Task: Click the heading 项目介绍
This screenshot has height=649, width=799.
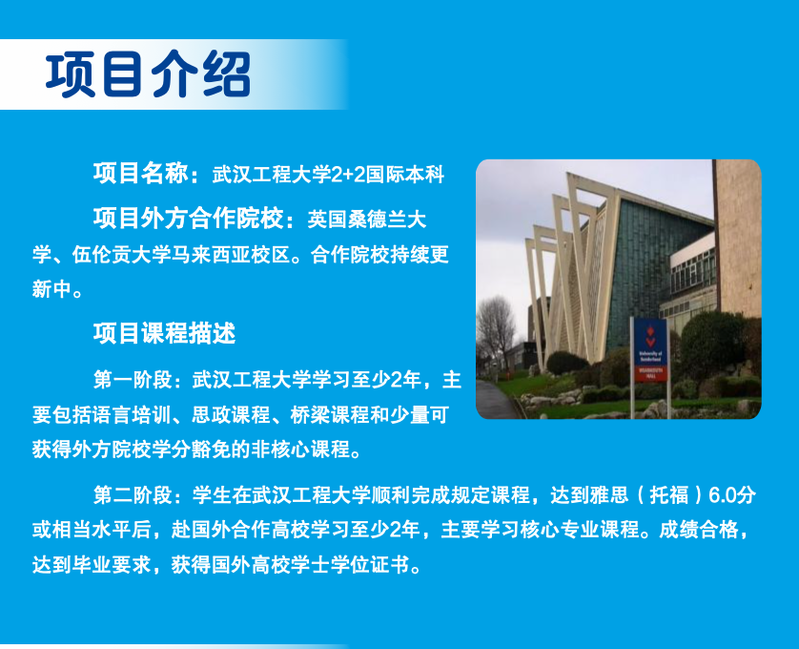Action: click(x=148, y=74)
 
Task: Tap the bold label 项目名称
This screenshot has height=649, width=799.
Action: click(x=141, y=173)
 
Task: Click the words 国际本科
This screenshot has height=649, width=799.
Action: click(x=405, y=175)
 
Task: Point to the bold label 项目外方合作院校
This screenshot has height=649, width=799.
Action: click(x=188, y=219)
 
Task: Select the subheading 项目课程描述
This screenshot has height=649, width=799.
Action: click(x=164, y=333)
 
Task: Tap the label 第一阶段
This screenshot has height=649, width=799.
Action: click(x=133, y=380)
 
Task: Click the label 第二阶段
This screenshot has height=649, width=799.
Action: click(x=133, y=495)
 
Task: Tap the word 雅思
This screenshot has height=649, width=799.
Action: click(x=609, y=495)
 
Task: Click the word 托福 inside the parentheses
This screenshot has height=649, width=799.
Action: click(x=669, y=495)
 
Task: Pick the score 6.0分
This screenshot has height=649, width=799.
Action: click(x=732, y=495)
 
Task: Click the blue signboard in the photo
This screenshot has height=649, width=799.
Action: click(x=649, y=350)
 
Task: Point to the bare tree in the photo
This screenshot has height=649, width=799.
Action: click(x=494, y=331)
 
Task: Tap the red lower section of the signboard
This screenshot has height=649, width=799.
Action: click(x=650, y=373)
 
